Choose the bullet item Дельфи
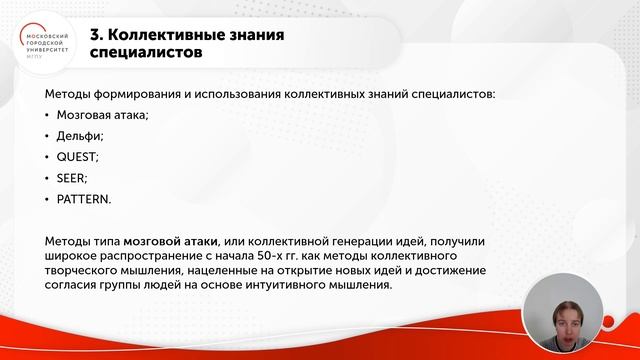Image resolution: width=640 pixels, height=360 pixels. tap(79, 135)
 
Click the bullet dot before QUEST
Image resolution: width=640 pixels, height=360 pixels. tap(48, 157)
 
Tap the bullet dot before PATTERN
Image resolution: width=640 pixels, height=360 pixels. tap(48, 199)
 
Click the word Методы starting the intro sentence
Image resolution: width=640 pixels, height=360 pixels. tap(69, 94)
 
